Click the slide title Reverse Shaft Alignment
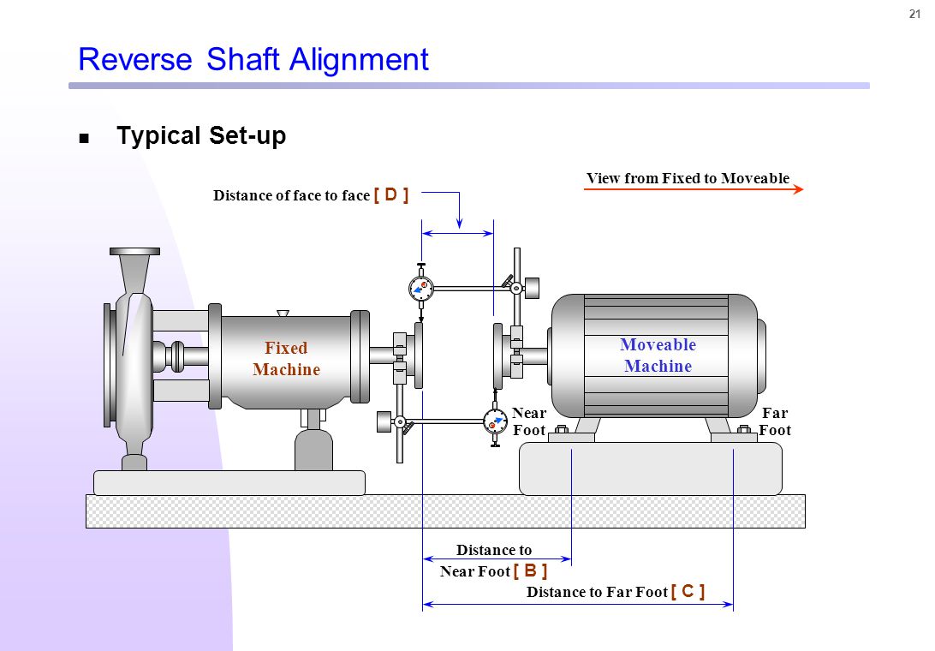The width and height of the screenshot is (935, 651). (253, 59)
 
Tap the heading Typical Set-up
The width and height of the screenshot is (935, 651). (201, 136)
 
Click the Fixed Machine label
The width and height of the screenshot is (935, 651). (286, 359)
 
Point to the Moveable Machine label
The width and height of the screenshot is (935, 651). (658, 355)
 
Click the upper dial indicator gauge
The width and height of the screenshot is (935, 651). (421, 289)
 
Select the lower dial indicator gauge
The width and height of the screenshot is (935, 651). (495, 421)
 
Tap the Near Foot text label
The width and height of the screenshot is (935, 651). (529, 421)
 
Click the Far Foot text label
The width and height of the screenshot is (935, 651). (774, 421)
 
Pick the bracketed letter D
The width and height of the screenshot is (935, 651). (391, 194)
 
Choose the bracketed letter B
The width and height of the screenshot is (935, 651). (530, 570)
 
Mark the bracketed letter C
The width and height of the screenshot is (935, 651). (688, 591)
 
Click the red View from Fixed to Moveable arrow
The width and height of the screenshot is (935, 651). (693, 189)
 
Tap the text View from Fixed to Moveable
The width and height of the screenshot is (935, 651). (688, 178)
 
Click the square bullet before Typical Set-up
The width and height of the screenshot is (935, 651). (84, 138)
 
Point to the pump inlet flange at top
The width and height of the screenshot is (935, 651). (134, 251)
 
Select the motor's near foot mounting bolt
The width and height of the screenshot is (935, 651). (563, 430)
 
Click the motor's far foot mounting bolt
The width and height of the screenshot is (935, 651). (743, 430)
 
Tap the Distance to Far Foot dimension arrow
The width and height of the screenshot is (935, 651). (578, 605)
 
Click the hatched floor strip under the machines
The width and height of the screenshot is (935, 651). (445, 511)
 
